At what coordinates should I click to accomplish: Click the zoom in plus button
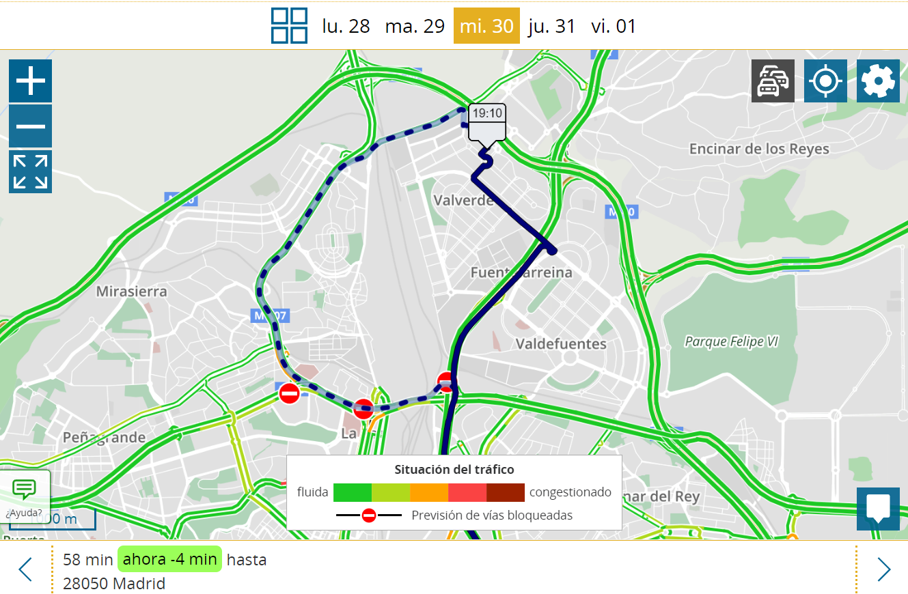(30, 81)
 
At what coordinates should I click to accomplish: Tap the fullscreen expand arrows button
(30, 171)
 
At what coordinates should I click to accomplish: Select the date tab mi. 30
(486, 26)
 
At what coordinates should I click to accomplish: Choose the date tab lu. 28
(346, 26)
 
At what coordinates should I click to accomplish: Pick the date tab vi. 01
(614, 26)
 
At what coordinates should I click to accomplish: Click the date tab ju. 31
(551, 26)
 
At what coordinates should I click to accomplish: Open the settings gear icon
(878, 81)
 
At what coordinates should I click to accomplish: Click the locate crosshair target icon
(825, 81)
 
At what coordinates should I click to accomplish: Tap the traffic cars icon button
(773, 81)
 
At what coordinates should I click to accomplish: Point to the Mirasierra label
(131, 292)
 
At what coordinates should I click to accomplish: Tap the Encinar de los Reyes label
(759, 149)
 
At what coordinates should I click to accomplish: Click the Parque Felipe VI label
(732, 341)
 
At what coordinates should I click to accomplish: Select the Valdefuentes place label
(561, 343)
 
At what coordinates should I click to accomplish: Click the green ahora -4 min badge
(170, 559)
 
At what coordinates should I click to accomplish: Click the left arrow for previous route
(25, 569)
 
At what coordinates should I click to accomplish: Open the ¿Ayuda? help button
(25, 496)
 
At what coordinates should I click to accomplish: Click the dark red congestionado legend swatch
(506, 492)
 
